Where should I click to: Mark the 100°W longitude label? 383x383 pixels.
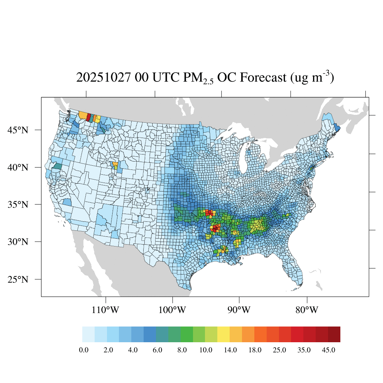point(172,310)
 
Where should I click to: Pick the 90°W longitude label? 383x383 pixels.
point(239,310)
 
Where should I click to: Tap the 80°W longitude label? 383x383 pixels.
point(307,310)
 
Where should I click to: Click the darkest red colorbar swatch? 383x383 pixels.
point(334,334)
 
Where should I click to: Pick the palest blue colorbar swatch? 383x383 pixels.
point(88,334)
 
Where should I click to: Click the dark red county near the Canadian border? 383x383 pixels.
point(88,117)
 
